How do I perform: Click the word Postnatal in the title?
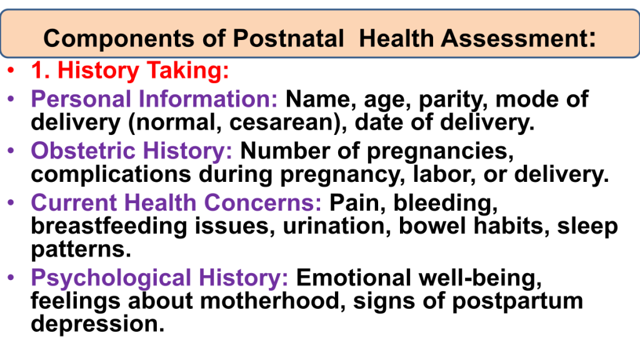288,38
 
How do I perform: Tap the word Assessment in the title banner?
514,38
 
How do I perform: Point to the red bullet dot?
11,70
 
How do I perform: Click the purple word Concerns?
262,202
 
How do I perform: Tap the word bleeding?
445,204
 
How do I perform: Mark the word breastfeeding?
109,227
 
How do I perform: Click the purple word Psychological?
111,279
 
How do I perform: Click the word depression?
97,324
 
